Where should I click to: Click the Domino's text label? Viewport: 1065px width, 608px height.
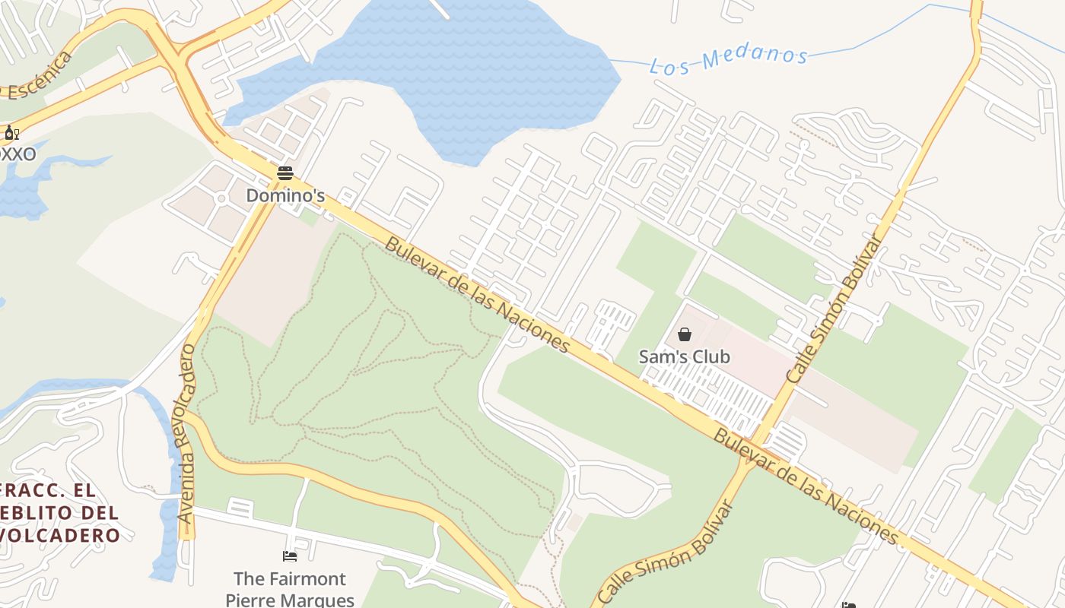coord(285,196)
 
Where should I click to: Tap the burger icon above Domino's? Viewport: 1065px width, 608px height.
coord(285,173)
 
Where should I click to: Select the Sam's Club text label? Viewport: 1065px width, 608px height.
coord(684,356)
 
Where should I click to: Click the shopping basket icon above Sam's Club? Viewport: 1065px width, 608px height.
coord(685,334)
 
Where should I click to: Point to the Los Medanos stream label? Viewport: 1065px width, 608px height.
coord(728,59)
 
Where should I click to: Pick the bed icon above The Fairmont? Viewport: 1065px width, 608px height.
coord(289,556)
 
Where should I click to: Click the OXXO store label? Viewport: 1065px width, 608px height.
coord(17,154)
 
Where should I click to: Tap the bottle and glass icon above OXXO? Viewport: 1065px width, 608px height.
coord(11,134)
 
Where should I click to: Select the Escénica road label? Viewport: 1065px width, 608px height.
coord(38,80)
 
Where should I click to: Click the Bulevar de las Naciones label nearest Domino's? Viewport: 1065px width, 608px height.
coord(477,295)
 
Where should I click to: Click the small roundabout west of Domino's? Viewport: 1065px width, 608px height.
coord(221,199)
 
